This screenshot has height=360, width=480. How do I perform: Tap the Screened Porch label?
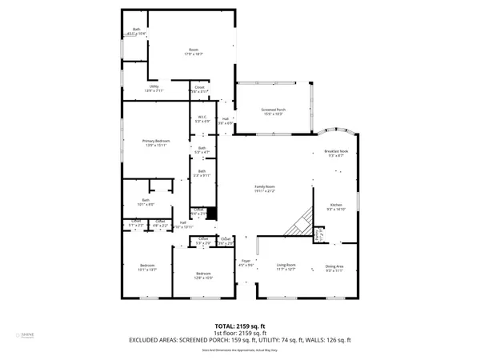273,111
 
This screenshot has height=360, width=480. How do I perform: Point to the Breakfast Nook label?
336,153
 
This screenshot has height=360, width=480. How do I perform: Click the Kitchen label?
337,207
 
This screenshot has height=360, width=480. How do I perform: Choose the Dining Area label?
334,268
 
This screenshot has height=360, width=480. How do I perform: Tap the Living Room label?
286,268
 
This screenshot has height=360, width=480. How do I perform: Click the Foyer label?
246,263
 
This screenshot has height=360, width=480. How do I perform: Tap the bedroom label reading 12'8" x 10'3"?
203,276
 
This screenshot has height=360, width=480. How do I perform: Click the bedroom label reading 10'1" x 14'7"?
147,267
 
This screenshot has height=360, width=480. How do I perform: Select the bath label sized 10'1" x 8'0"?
146,202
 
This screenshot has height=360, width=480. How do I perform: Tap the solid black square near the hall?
211,214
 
